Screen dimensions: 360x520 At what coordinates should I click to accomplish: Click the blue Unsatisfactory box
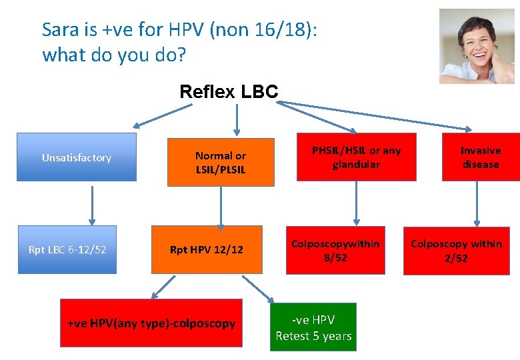76,157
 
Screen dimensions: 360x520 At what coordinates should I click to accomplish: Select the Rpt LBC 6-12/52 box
67,250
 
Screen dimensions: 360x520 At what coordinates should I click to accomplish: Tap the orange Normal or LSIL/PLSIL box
220,162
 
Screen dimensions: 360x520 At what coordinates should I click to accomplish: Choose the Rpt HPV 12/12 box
207,250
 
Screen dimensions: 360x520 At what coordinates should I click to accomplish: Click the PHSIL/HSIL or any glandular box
356,157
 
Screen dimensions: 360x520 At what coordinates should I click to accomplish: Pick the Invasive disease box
480,157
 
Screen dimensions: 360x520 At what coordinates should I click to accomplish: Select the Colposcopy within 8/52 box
335,251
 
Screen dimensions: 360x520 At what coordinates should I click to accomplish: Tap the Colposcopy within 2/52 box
456,251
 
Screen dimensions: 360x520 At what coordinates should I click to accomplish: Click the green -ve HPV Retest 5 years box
313,327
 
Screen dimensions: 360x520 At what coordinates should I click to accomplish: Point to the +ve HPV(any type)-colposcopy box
151,323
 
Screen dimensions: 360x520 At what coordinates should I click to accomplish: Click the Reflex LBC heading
229,91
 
